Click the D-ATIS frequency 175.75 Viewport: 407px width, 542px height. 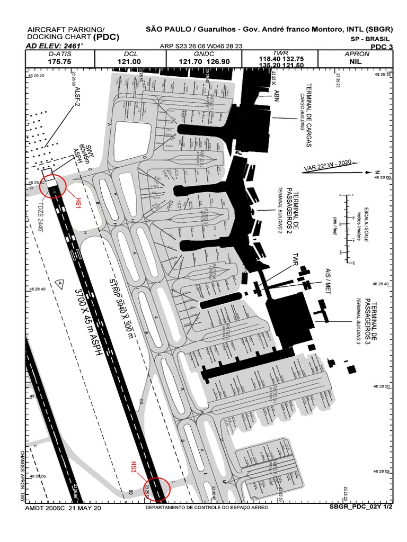[59, 61]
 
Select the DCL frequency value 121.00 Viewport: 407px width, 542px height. [129, 61]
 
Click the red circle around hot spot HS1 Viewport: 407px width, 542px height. [53, 186]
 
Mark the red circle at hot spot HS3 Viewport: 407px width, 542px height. [157, 489]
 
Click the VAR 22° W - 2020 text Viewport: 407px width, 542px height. [328, 165]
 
